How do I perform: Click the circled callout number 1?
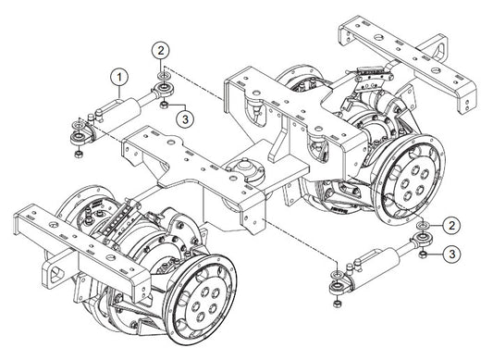tap(119, 77)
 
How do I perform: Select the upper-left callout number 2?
tap(161, 50)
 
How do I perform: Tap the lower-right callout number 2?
tap(451, 225)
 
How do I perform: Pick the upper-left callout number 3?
tap(185, 119)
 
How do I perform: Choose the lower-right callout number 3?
tap(451, 254)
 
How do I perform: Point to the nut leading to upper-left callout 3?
tap(164, 105)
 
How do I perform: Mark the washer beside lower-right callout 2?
tap(423, 225)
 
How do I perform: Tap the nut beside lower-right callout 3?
tap(423, 254)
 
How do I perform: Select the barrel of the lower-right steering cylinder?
tap(376, 264)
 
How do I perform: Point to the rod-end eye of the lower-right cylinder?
tap(423, 238)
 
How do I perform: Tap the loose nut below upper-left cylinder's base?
tap(78, 155)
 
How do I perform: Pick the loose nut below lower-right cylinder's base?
tap(337, 304)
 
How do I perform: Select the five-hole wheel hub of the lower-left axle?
tap(205, 304)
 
